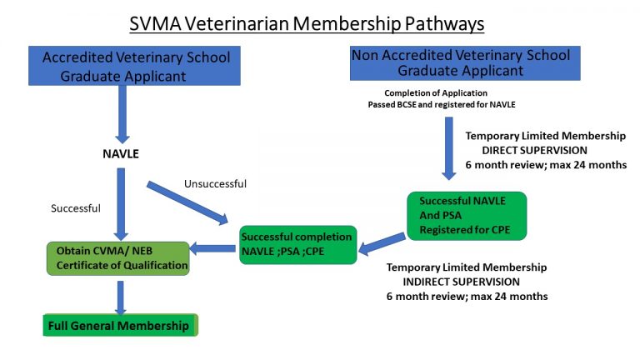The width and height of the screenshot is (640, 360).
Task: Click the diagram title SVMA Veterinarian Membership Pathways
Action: coord(306,23)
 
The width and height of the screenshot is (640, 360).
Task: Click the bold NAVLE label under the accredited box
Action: coord(122,155)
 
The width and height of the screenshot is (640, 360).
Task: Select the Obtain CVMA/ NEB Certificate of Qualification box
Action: coord(118,257)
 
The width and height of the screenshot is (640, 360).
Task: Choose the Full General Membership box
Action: coord(120,325)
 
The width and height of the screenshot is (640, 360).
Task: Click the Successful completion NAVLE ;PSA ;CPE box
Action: coord(297,244)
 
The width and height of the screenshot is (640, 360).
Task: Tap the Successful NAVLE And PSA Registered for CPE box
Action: coord(467,216)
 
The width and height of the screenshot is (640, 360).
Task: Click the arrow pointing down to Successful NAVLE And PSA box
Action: coord(448,150)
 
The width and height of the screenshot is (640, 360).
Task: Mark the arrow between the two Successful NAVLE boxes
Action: coord(382,242)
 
